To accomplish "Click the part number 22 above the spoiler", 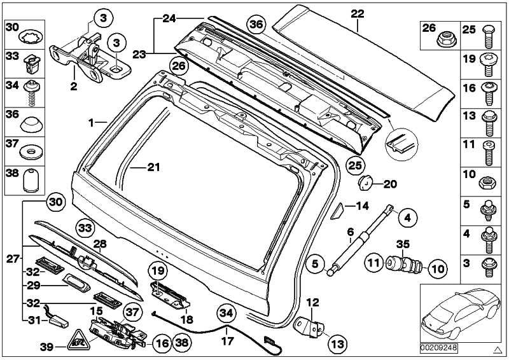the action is point(358,13).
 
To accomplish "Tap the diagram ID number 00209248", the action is point(439,348).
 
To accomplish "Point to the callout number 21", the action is point(153,167).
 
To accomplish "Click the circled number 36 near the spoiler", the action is point(256,24).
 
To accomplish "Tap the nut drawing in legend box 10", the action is point(487,184).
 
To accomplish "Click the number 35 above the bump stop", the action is point(403,244).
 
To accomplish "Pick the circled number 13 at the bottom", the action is point(338,343).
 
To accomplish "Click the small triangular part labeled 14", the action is point(337,211).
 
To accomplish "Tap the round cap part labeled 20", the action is point(365,183).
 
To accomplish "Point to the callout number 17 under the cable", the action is point(228,341).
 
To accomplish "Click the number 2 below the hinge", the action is point(74,87).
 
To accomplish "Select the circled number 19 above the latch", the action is point(157,271).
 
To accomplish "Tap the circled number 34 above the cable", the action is point(227,314).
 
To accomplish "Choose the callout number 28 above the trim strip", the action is point(100,244).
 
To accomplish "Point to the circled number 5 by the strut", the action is point(316,263).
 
